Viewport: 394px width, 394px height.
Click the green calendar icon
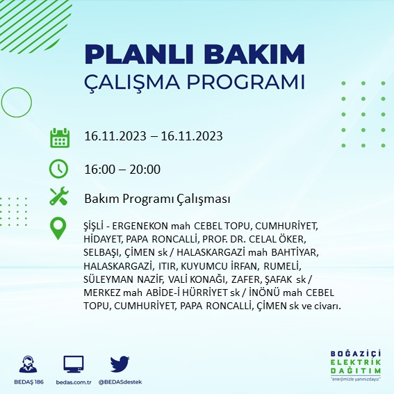tap(60, 137)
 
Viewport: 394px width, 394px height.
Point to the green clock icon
tap(60, 168)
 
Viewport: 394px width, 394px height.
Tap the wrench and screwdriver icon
tap(60, 198)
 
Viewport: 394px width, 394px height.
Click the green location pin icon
tap(60, 228)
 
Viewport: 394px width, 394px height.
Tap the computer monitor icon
tap(73, 363)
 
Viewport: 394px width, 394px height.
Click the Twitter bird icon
tap(120, 363)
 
